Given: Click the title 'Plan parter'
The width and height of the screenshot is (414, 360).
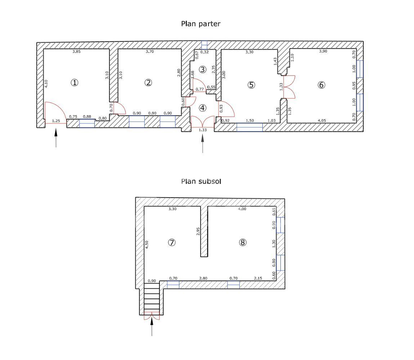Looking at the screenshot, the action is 201,24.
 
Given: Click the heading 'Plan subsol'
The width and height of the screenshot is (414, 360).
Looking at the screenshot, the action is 201,181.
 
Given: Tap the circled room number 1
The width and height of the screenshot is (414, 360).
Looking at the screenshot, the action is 75,83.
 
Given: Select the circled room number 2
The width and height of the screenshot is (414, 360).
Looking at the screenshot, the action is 148,83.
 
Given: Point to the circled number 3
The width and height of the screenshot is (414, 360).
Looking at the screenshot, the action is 203,69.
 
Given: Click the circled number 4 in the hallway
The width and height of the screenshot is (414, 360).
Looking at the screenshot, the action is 203,108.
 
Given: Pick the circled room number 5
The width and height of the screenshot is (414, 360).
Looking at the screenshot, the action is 251,85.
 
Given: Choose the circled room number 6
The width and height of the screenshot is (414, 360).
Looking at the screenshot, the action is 321,85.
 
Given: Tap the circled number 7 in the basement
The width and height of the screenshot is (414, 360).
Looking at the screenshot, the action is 172,242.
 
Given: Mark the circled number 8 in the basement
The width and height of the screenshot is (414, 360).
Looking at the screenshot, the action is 243,242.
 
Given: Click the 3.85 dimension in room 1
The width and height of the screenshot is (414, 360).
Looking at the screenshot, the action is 77,51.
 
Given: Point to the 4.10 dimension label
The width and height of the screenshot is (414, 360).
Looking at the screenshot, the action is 46,84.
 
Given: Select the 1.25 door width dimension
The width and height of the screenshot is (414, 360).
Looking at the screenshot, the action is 56,121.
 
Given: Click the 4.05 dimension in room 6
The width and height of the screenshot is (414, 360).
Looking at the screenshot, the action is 321,121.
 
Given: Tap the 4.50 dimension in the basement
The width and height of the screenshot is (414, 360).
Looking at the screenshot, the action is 147,244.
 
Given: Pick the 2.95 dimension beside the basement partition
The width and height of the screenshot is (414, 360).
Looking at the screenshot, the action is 198,231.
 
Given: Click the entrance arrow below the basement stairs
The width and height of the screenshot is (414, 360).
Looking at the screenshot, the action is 152,327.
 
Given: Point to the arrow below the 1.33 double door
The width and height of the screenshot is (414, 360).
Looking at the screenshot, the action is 203,143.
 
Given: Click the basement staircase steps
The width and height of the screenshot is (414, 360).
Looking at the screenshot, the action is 152,298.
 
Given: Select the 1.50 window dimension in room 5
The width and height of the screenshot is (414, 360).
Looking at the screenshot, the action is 250,121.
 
